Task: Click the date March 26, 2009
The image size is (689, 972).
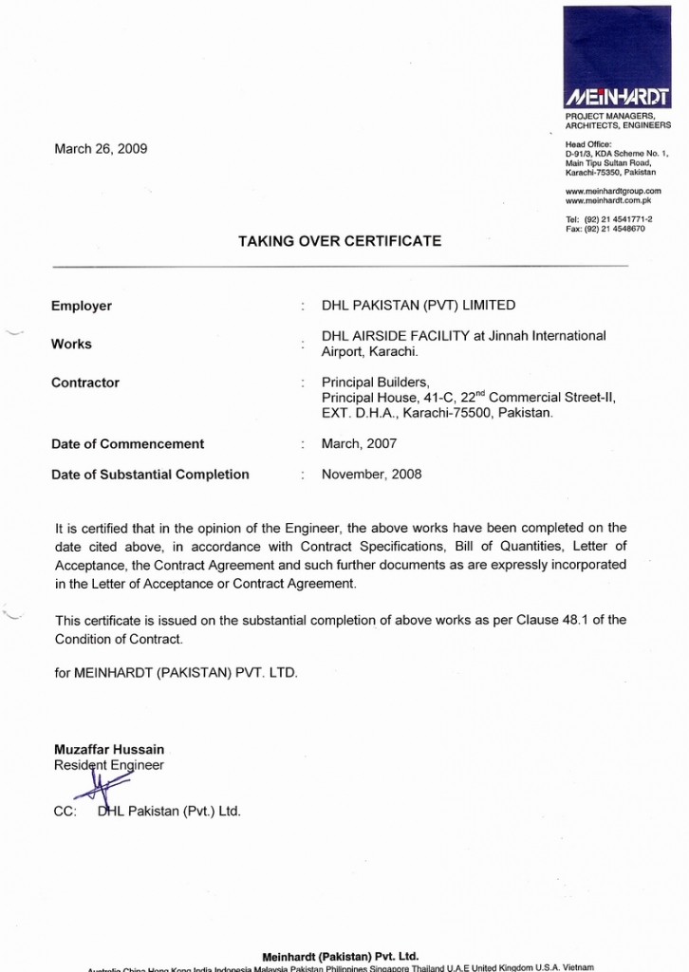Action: pyautogui.click(x=101, y=149)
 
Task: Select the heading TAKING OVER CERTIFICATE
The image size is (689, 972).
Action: pyautogui.click(x=339, y=241)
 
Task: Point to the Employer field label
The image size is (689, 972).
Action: pyautogui.click(x=82, y=306)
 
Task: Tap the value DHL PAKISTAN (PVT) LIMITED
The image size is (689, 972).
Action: pyautogui.click(x=419, y=306)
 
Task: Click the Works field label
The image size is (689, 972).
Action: pyautogui.click(x=71, y=344)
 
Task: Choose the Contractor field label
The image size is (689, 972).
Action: pyautogui.click(x=85, y=383)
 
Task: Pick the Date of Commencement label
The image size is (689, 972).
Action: pyautogui.click(x=127, y=443)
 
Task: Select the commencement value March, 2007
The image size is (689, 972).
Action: pyautogui.click(x=359, y=443)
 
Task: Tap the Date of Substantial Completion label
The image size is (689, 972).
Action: pyautogui.click(x=150, y=474)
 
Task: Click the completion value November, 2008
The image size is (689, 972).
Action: pyautogui.click(x=371, y=474)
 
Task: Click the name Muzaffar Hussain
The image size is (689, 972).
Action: pyautogui.click(x=109, y=749)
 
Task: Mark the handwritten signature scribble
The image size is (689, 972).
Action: pyautogui.click(x=102, y=787)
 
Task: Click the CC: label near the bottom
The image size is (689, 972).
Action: pyautogui.click(x=65, y=812)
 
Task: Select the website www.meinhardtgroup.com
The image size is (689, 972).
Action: pyautogui.click(x=613, y=191)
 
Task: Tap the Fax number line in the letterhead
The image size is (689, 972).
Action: pyautogui.click(x=605, y=229)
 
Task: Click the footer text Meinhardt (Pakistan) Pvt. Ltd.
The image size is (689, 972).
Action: pyautogui.click(x=340, y=956)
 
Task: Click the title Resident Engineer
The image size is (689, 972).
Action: pyautogui.click(x=109, y=764)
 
